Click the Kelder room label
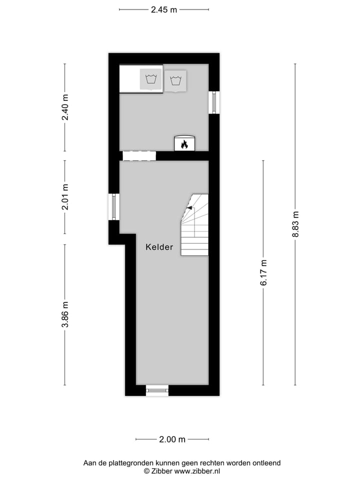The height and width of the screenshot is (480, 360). pyautogui.click(x=159, y=247)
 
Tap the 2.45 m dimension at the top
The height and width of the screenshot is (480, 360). pyautogui.click(x=164, y=9)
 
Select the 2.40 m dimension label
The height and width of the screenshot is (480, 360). pyautogui.click(x=65, y=107)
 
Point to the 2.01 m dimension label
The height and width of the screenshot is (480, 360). pyautogui.click(x=65, y=197)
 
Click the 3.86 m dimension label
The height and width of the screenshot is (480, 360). pyautogui.click(x=65, y=315)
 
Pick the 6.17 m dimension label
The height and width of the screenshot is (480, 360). pyautogui.click(x=263, y=272)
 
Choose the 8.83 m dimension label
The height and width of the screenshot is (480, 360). pyautogui.click(x=295, y=224)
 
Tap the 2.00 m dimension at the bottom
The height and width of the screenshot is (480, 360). pyautogui.click(x=172, y=439)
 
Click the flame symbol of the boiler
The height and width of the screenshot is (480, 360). pyautogui.click(x=184, y=144)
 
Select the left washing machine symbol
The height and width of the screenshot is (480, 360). pyautogui.click(x=151, y=79)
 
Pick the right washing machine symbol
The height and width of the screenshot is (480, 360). pyautogui.click(x=175, y=80)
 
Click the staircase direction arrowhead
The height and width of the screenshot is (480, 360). pyautogui.click(x=189, y=207)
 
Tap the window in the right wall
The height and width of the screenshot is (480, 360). pyautogui.click(x=214, y=102)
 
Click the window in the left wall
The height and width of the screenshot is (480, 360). pyautogui.click(x=114, y=207)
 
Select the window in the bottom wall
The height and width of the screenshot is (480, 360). pyautogui.click(x=157, y=390)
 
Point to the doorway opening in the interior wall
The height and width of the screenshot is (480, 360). pyautogui.click(x=139, y=156)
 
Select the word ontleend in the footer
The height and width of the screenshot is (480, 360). pyautogui.click(x=266, y=463)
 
